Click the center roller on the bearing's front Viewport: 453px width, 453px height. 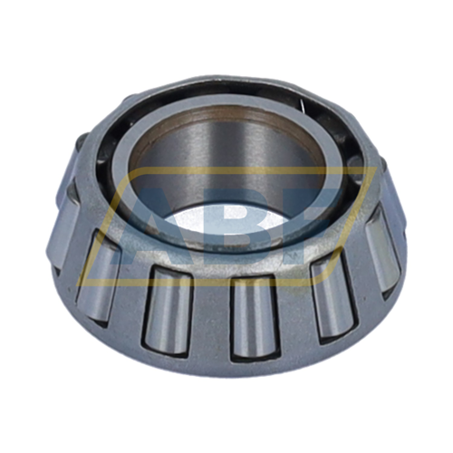pyautogui.click(x=251, y=316)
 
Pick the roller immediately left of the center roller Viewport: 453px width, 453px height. pyautogui.click(x=170, y=308)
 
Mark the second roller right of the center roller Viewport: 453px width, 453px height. pyautogui.click(x=381, y=253)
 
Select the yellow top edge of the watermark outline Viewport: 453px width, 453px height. pyautogui.click(x=245, y=169)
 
